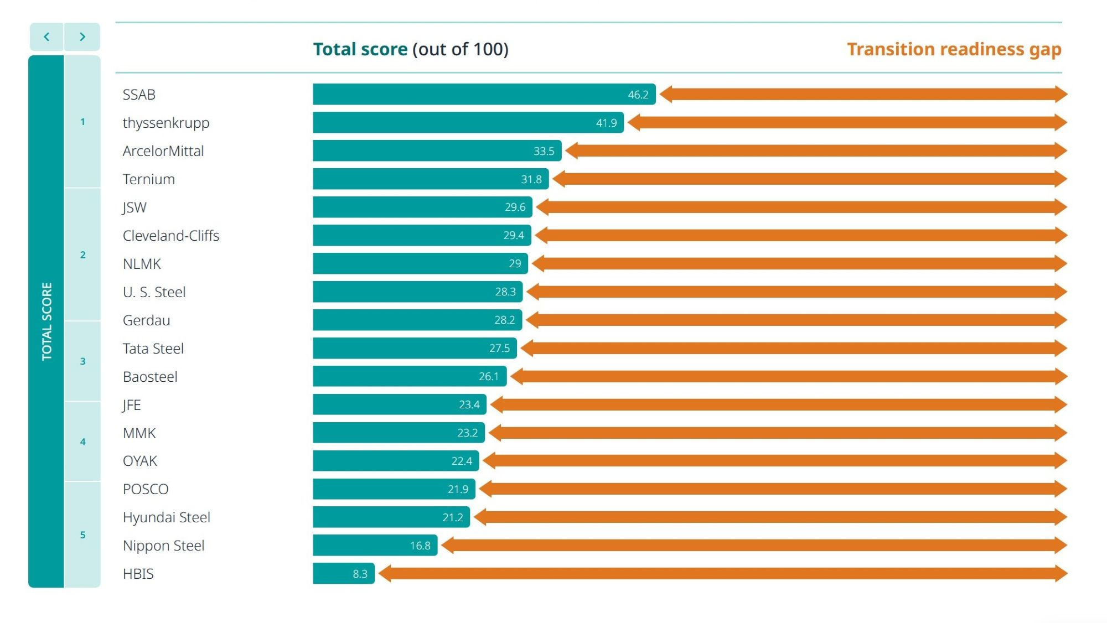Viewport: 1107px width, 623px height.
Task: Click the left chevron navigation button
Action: coord(46,37)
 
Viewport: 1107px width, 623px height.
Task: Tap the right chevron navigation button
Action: coord(82,37)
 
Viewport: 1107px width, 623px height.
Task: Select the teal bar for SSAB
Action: coord(470,94)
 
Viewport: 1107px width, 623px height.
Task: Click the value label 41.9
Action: coord(606,123)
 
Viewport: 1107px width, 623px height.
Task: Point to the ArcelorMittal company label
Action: coord(163,151)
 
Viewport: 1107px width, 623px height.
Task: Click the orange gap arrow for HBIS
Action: coord(722,574)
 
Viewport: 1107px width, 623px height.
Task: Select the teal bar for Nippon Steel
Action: coord(360,546)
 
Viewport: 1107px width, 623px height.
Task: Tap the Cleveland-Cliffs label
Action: coord(171,236)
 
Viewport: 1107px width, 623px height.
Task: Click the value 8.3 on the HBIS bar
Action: coord(360,574)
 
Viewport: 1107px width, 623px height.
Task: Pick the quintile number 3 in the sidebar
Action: coord(83,361)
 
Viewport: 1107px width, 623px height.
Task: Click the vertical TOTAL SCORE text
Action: coord(46,321)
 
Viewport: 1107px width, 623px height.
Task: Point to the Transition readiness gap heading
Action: coord(954,49)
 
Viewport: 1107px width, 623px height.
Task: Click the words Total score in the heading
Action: coord(360,49)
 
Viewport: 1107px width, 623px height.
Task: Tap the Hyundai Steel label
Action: coord(167,517)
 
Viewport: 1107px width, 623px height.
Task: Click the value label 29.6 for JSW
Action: coord(515,207)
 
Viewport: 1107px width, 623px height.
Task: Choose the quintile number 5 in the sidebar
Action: coord(83,535)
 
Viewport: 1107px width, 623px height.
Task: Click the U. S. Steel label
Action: coord(154,292)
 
